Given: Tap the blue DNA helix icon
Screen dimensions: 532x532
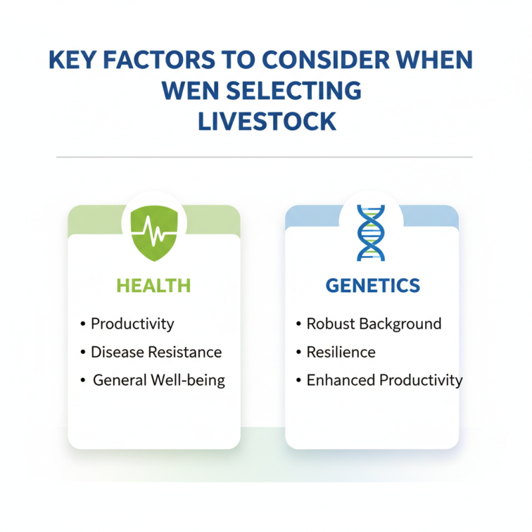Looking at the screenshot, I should pyautogui.click(x=370, y=232).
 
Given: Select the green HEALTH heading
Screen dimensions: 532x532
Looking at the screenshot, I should pyautogui.click(x=154, y=286).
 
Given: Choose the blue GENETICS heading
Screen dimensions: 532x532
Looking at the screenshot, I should pyautogui.click(x=372, y=286).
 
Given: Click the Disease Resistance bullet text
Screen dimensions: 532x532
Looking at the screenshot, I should pyautogui.click(x=156, y=352).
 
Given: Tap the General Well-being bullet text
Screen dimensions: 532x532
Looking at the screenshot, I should pyautogui.click(x=159, y=380).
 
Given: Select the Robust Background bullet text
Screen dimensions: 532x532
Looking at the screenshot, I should pyautogui.click(x=374, y=324).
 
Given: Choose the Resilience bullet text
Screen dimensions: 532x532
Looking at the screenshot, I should pyautogui.click(x=340, y=352).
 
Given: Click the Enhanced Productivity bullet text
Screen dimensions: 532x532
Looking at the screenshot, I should pyautogui.click(x=384, y=380).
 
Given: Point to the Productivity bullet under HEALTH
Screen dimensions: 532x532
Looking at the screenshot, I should pyautogui.click(x=132, y=324).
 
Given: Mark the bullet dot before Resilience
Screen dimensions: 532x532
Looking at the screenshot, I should pyautogui.click(x=299, y=352).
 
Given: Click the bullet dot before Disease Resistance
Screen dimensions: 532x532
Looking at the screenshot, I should pyautogui.click(x=82, y=352).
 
